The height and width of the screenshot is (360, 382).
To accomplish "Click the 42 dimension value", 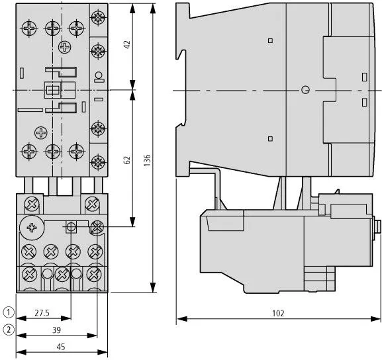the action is point(127,44).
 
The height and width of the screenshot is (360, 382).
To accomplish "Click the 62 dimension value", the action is point(127,159).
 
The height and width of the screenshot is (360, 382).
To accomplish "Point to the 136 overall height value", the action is point(147,160).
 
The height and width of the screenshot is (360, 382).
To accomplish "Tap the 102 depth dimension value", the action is point(278,313).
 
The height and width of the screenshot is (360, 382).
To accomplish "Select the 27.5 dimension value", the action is point(42,313).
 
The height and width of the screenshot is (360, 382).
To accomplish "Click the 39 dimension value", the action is point(56,330).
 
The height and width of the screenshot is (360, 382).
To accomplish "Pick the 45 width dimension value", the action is point(61,347).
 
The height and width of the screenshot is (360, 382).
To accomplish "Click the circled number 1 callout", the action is point(9,312).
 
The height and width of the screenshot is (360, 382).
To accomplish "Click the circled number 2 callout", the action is point(9,330).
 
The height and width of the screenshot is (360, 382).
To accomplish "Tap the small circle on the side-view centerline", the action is point(305,90).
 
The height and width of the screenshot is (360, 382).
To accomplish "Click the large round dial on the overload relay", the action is point(32,228).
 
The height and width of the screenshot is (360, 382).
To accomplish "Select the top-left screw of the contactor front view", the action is point(29,28).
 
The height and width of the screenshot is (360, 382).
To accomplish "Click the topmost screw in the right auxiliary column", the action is point(98,17).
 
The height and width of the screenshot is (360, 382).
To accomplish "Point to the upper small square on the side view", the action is point(270,40).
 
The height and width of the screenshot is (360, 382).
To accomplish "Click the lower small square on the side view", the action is point(270,139).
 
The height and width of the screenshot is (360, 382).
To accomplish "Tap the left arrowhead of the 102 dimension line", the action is point(182,319).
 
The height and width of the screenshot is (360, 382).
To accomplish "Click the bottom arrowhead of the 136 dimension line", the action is point(153,287).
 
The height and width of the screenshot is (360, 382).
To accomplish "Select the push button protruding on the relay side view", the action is point(377,227).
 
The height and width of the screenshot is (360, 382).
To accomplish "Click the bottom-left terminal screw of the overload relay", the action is point(30,275).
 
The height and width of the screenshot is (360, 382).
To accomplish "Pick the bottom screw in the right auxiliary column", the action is point(98,161).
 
